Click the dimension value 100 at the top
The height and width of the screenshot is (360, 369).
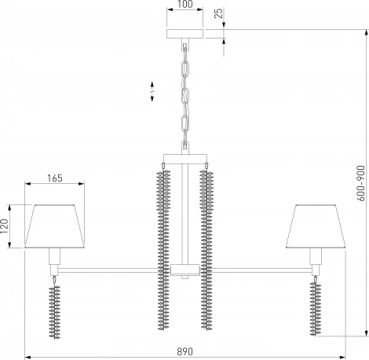coord(185,4)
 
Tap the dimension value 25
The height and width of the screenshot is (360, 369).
coord(218,13)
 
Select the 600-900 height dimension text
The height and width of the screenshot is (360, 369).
coord(360,183)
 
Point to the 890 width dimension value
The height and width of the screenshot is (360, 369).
coord(184,351)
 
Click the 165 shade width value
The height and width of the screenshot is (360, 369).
coord(55,178)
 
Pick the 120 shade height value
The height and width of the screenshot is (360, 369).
coord(5,226)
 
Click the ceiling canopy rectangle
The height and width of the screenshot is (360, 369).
coord(185,34)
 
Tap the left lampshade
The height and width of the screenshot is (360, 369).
coord(55,226)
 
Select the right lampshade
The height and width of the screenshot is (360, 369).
coord(316,226)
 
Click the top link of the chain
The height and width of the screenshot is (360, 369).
coord(185,68)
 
